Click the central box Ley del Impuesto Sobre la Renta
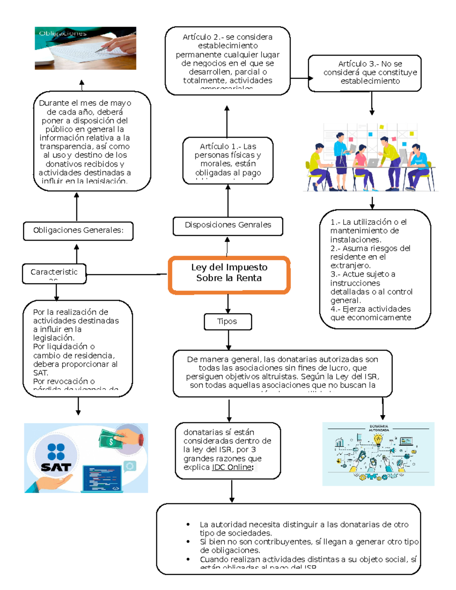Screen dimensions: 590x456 pos(229,275)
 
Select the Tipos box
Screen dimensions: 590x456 pos(228,321)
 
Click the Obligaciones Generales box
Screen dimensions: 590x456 pos(78,231)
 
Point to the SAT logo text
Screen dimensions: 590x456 pos(56,467)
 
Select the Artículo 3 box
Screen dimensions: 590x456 pos(365,73)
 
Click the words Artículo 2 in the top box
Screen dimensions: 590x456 pos(201,37)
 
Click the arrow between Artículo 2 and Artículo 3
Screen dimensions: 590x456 pos(300,78)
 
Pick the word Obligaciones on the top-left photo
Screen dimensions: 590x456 pos(63,33)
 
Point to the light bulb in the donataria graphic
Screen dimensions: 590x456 pos(378,440)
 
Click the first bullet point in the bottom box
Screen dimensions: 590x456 pos(188,524)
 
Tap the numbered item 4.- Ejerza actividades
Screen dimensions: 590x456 pos(370,309)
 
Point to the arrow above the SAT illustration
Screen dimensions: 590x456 pos(78,407)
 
